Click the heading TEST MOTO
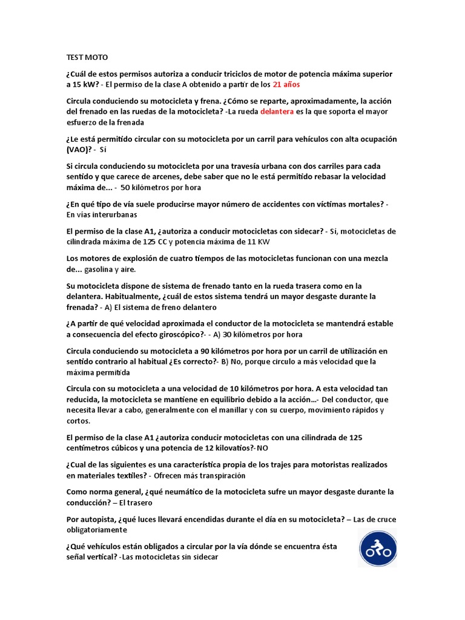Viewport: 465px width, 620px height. coord(87,58)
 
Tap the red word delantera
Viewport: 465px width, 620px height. coord(277,111)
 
